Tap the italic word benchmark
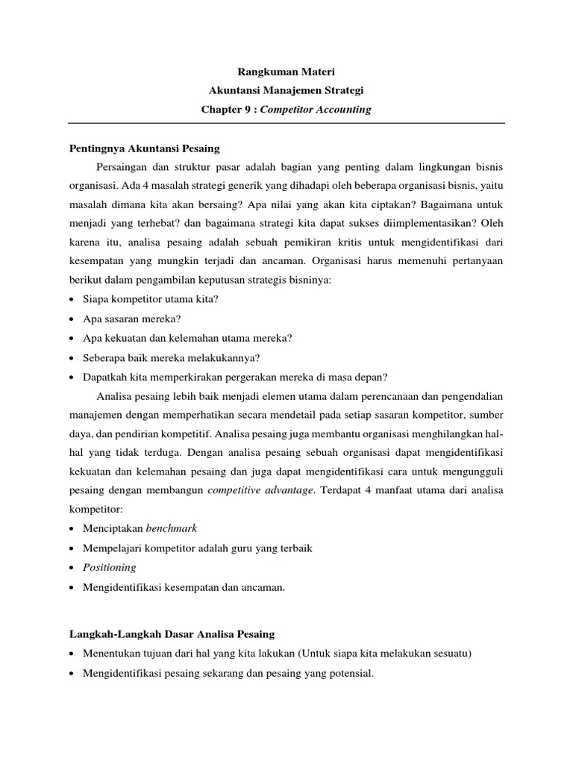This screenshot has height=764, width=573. [x=171, y=529]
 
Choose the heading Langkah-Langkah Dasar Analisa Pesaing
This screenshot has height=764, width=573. [x=172, y=634]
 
